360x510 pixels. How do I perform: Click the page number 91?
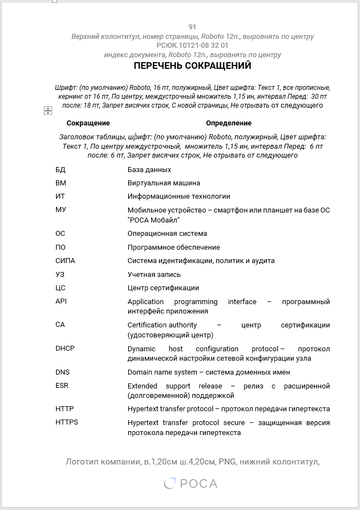point(192,27)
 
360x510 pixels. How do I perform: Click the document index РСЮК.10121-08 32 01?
point(192,46)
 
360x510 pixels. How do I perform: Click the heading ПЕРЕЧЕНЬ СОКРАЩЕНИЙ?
point(192,66)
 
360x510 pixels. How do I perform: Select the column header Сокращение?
point(88,123)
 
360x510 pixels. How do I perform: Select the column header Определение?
point(229,123)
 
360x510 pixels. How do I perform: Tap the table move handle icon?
point(48,111)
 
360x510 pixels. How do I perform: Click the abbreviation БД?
point(60,170)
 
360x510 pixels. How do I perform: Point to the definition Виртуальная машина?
point(164,183)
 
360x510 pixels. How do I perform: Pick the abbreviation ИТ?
point(60,196)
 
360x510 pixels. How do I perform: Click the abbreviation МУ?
point(60,210)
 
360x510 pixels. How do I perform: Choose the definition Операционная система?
point(167,234)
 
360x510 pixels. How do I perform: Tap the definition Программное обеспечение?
point(174,248)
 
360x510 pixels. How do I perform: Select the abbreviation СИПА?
point(65,261)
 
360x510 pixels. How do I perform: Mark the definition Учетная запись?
point(154,275)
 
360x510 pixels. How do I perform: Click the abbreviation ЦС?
point(60,288)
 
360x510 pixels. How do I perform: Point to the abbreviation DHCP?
point(65,349)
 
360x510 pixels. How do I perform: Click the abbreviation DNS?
point(62,372)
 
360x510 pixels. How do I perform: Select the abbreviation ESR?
point(62,386)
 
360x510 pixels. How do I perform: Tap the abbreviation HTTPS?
point(67,422)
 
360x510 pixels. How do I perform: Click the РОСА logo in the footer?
point(191,484)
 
